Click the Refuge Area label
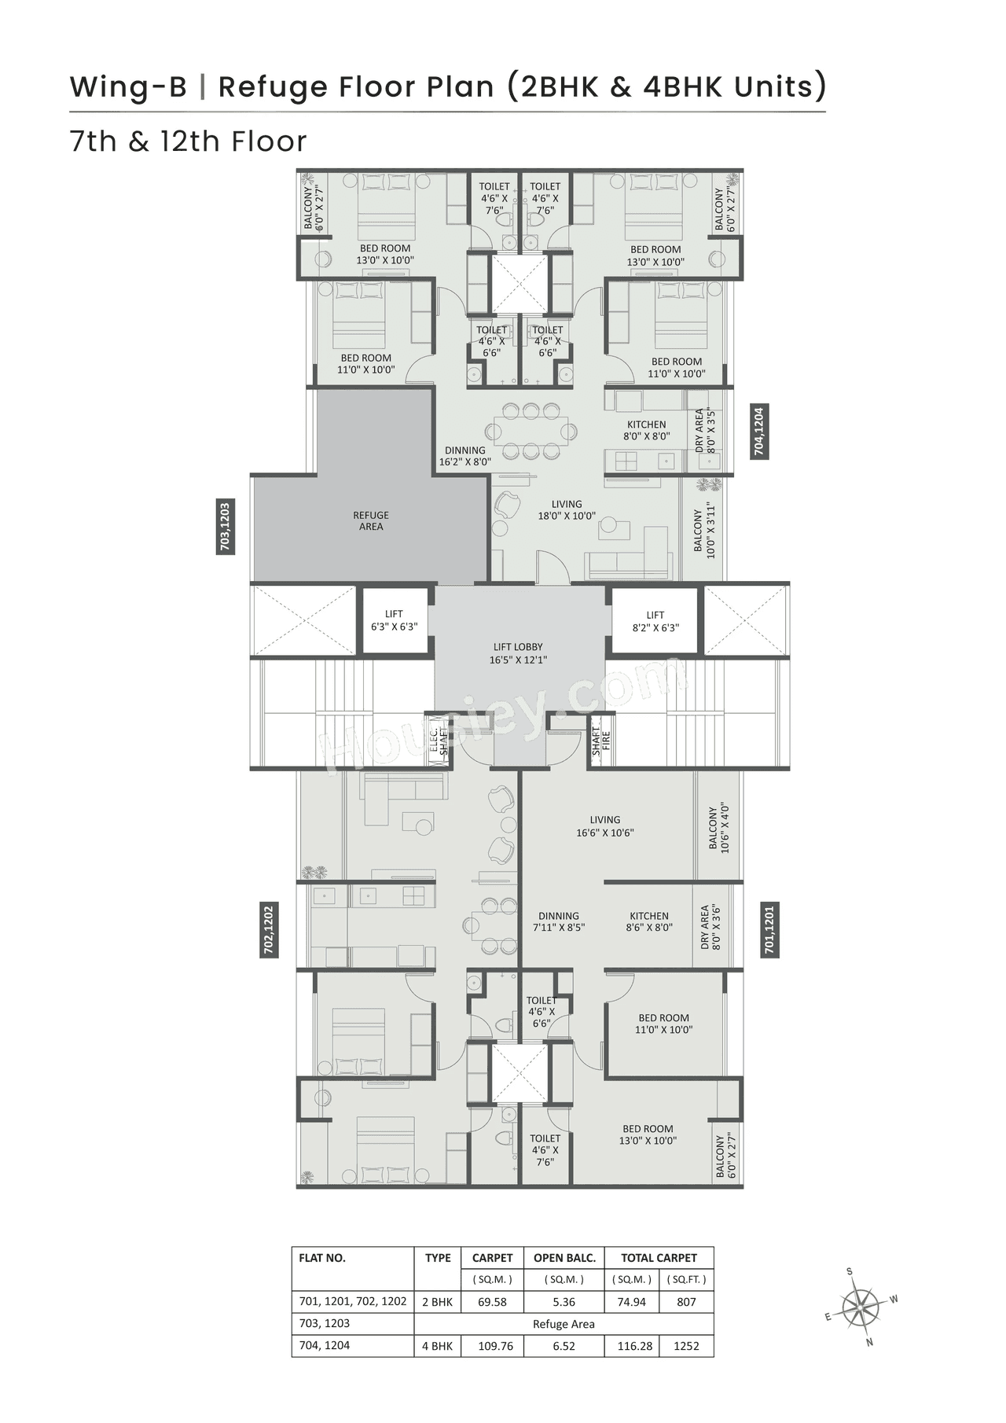[x=371, y=521]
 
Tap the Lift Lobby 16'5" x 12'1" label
[x=518, y=653]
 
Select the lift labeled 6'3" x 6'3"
[x=394, y=621]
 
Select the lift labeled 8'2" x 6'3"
[x=655, y=621]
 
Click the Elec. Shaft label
[x=439, y=741]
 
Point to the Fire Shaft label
[x=600, y=741]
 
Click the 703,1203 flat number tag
[x=226, y=527]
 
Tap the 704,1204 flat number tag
[x=758, y=432]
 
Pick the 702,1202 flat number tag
[x=269, y=931]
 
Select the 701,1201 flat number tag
[x=769, y=931]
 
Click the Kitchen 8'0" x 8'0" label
[x=646, y=430]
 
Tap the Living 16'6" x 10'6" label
[x=604, y=826]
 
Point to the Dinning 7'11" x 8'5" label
[x=558, y=921]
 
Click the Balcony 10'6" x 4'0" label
[x=719, y=827]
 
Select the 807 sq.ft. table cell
[x=686, y=1302]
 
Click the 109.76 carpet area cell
[x=495, y=1346]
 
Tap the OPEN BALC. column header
[x=564, y=1258]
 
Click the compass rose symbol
[x=861, y=1307]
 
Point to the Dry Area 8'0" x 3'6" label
[x=710, y=926]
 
